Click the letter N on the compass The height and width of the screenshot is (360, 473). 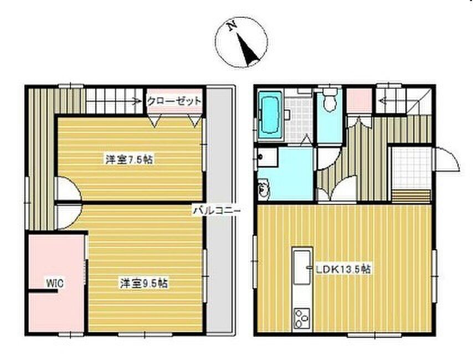coord(232,27)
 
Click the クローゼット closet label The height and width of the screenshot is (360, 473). coord(174,101)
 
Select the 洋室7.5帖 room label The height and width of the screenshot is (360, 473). coord(129,159)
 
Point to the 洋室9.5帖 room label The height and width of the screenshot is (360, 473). coord(144,283)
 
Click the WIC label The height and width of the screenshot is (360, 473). coord(55,284)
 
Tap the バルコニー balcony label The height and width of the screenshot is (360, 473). coord(217,210)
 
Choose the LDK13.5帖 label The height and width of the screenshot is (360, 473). coord(343,269)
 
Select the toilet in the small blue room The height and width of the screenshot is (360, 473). coord(330,101)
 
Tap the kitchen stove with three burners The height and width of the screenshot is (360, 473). coord(302,318)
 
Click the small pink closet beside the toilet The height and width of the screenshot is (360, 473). coord(359,100)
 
